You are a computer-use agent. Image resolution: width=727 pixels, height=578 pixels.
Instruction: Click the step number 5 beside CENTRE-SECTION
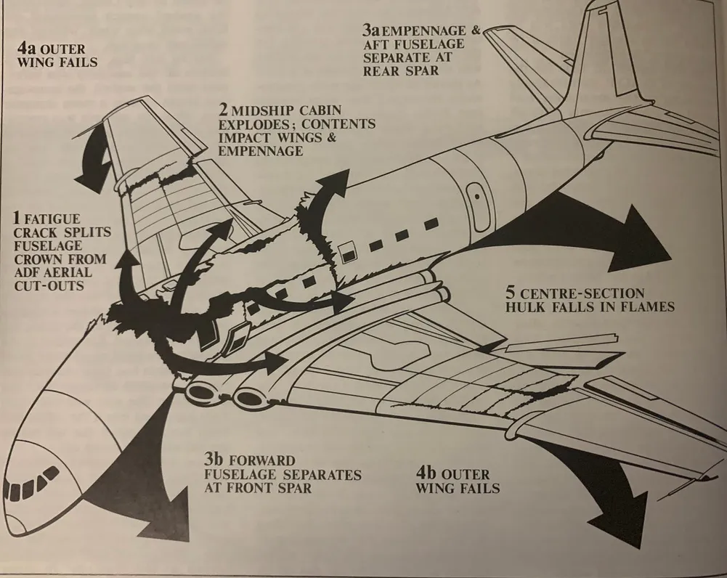click(x=511, y=293)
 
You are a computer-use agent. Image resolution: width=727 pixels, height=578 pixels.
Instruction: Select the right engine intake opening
click(x=249, y=397)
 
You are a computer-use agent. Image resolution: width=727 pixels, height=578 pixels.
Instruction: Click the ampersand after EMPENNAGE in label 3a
click(x=475, y=30)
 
